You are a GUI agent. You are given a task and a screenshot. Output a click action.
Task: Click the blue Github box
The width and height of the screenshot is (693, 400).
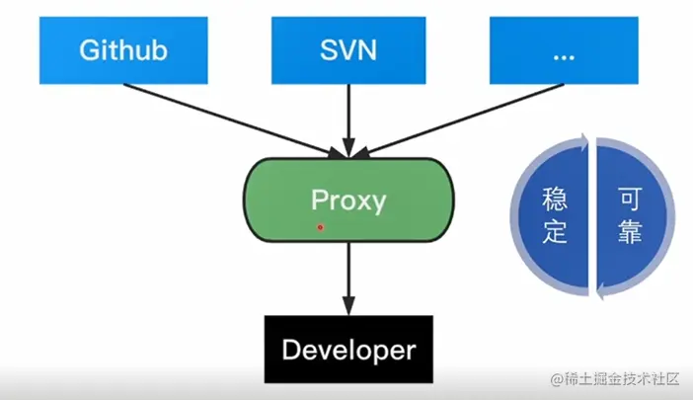click(122, 49)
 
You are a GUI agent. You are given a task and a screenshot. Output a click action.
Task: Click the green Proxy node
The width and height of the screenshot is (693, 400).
click(348, 200)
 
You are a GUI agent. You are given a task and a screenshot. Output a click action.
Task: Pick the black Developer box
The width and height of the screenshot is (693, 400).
click(348, 350)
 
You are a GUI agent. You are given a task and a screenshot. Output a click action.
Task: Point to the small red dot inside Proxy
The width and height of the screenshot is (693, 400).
click(320, 227)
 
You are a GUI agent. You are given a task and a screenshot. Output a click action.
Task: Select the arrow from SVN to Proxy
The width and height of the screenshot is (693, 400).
click(347, 119)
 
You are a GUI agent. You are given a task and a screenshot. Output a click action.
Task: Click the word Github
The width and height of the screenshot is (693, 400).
click(122, 49)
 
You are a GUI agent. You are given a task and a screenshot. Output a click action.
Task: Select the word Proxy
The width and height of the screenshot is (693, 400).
click(348, 200)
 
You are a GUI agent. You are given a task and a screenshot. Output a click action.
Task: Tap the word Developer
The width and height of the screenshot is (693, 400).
click(348, 350)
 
